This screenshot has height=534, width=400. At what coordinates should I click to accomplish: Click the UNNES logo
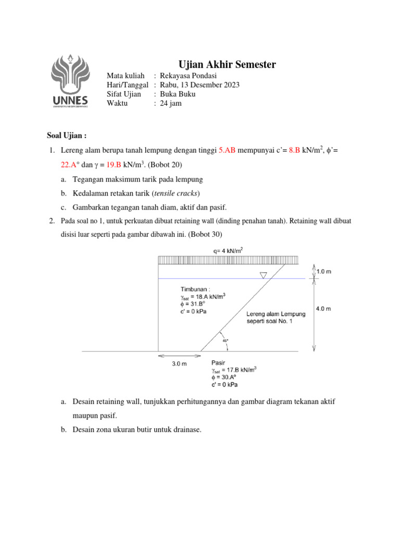[70, 81]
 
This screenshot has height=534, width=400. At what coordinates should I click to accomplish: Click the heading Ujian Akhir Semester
[227, 65]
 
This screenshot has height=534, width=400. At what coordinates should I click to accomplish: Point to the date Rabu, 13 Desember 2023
[200, 85]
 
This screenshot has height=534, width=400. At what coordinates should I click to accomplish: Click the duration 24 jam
[172, 103]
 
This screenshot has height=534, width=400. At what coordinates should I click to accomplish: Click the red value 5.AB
[227, 150]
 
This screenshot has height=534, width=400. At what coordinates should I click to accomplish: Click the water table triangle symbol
[263, 275]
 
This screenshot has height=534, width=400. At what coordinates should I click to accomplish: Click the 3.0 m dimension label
[180, 364]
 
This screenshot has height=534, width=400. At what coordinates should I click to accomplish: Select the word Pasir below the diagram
[218, 362]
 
